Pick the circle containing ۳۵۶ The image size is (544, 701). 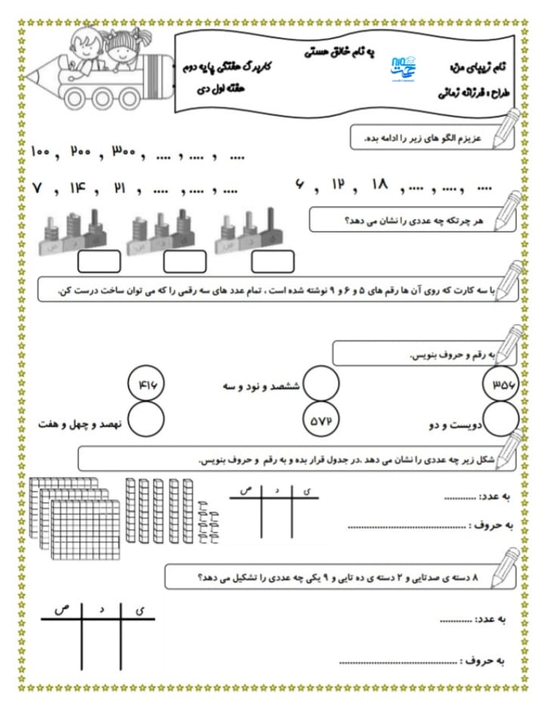(x=499, y=384)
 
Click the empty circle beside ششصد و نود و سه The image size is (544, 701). (x=321, y=385)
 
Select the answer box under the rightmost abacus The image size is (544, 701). (x=273, y=261)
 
